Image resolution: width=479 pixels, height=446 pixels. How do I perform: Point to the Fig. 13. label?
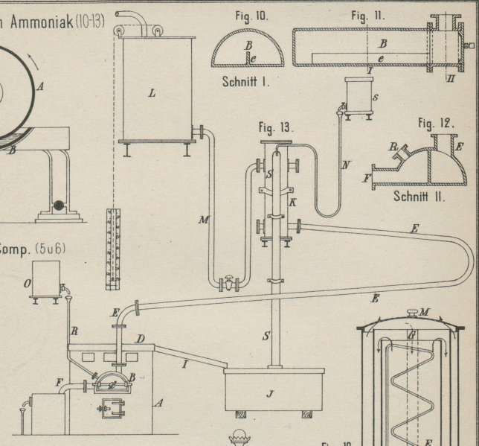277,127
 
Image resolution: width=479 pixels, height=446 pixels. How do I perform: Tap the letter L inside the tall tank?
152,95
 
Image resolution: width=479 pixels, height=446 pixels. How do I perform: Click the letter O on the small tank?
28,283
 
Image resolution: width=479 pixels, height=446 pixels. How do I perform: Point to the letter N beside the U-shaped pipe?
346,166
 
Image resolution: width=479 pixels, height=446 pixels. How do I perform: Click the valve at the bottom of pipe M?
229,283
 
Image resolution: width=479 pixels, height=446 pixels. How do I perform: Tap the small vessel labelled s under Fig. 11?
361,95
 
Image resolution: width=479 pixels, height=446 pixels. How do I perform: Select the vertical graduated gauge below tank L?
112,249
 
